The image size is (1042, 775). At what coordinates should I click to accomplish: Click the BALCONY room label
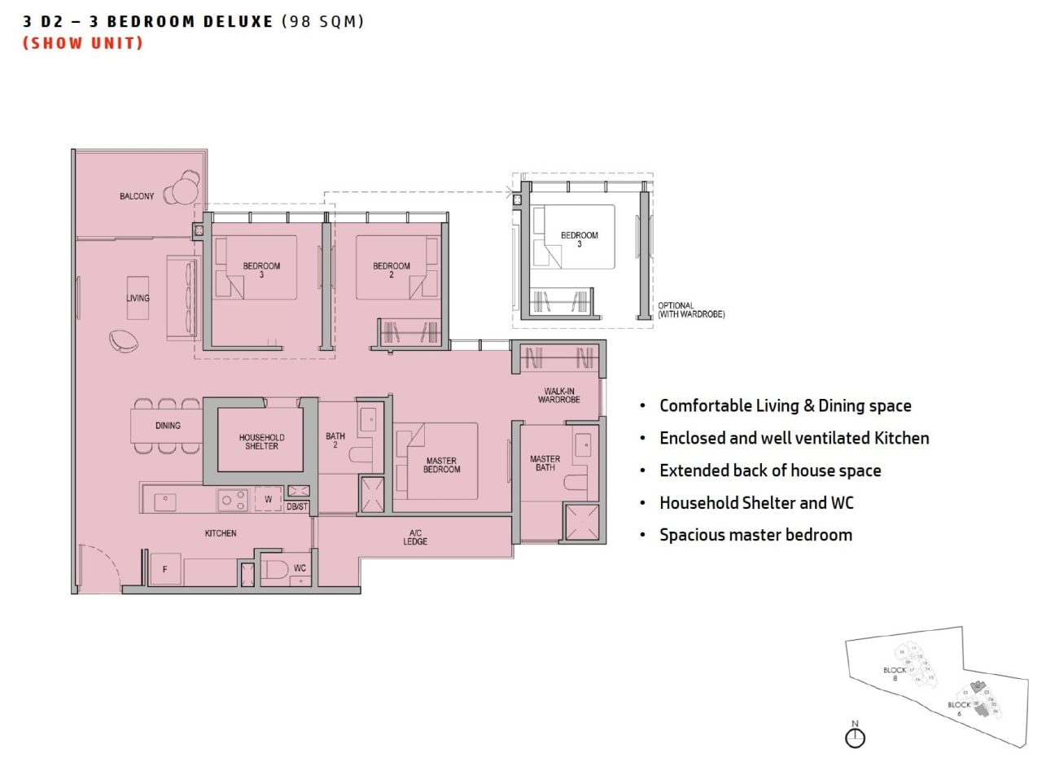136,196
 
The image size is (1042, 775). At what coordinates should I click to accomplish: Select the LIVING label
138,298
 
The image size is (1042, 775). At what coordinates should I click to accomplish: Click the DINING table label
168,426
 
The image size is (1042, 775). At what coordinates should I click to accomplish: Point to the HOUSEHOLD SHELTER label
261,441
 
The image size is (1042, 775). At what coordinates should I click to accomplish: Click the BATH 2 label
335,440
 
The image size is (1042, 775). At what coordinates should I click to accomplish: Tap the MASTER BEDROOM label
441,465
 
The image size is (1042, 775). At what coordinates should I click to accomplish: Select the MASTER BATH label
545,463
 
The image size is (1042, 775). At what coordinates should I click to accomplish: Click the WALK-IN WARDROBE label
558,396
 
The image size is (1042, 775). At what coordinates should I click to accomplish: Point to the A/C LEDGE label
415,537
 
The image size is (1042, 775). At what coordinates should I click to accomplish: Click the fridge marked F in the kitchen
165,569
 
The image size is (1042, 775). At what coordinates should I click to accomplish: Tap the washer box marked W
268,498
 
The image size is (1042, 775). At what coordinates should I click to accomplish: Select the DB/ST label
298,507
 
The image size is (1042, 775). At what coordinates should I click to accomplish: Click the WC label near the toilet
300,568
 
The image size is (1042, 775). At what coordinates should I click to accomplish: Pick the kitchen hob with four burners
233,499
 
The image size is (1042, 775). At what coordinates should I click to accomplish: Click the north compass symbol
855,737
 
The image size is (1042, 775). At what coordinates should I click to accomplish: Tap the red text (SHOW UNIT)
83,43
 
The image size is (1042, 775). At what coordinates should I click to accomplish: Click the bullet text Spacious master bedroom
755,535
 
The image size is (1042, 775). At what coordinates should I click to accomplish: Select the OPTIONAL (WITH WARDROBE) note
691,310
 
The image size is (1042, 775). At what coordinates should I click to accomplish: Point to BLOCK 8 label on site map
895,674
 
